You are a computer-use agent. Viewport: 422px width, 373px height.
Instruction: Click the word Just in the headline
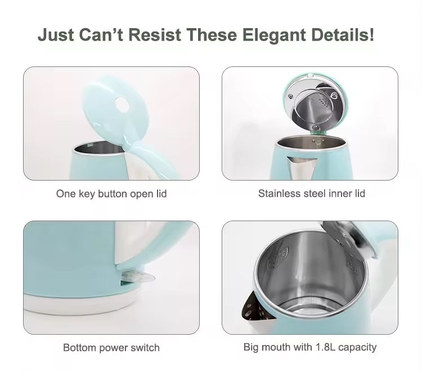click(56, 35)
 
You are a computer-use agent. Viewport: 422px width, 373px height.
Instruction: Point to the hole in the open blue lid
click(122, 104)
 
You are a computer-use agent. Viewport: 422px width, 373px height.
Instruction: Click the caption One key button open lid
click(111, 194)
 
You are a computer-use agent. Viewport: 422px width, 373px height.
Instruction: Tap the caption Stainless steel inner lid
click(312, 193)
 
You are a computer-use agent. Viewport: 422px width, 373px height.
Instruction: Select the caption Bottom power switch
click(111, 348)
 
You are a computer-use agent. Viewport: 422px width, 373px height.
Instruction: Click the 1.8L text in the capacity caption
click(325, 347)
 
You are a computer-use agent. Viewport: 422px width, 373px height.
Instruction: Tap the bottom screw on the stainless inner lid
click(315, 128)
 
